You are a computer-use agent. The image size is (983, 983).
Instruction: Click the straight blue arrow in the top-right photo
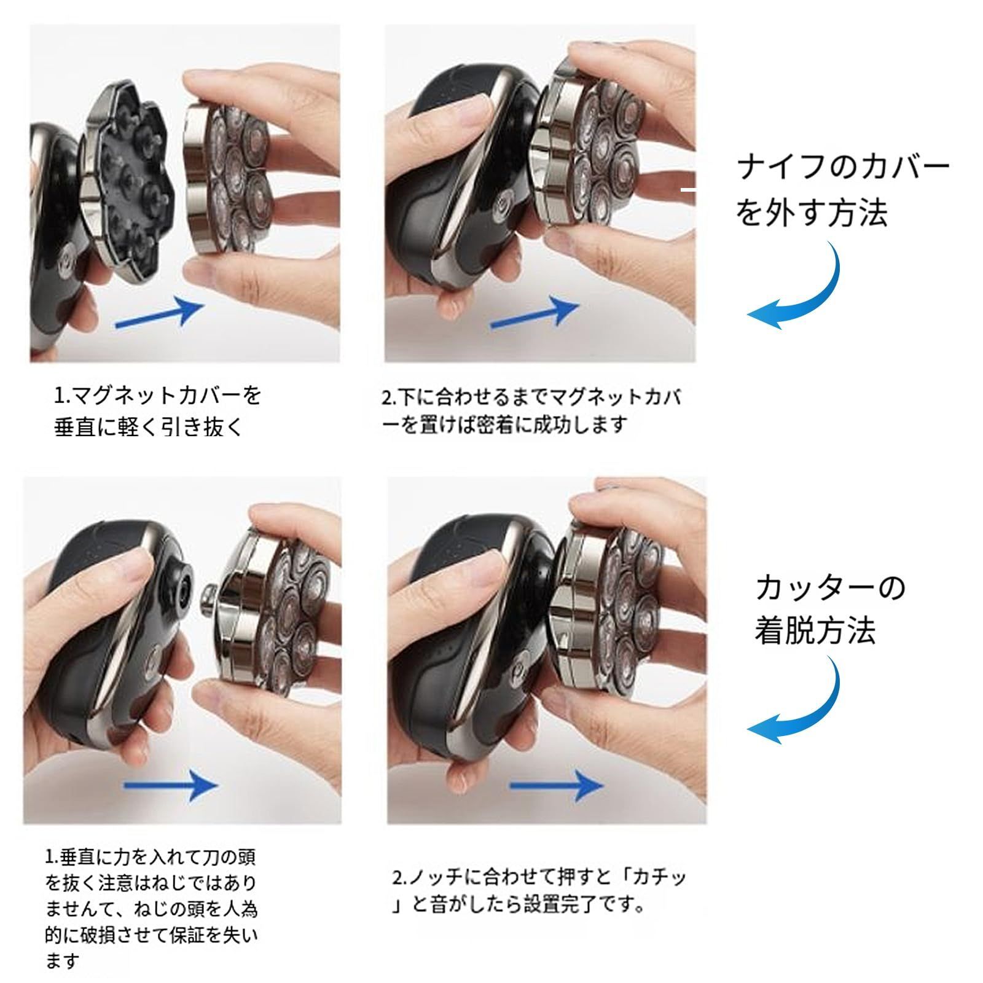click(x=535, y=313)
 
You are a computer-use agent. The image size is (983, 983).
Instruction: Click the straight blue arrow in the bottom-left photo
click(x=171, y=785)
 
